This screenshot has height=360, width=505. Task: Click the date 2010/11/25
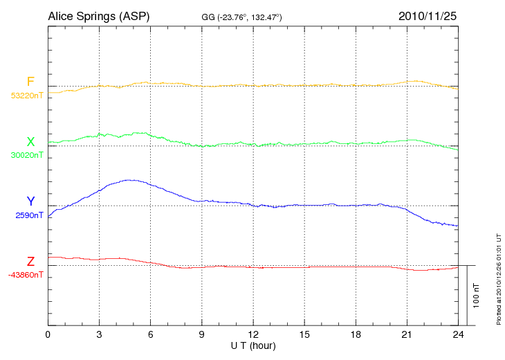(427, 16)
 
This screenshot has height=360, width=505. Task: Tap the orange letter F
(30, 82)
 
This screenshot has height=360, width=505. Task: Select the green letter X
(30, 142)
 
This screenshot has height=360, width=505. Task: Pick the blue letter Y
(30, 201)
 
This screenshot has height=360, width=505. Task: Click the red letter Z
(30, 262)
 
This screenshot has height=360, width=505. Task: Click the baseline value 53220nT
(26, 96)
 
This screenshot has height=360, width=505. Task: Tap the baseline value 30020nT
(26, 155)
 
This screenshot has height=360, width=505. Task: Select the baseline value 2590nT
(29, 215)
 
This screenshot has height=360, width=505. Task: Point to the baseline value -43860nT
(26, 275)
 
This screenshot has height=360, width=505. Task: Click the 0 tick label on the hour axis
(48, 334)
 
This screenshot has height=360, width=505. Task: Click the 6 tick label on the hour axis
(151, 334)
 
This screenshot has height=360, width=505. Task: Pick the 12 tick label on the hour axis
(253, 334)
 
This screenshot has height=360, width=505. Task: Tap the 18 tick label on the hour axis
(356, 334)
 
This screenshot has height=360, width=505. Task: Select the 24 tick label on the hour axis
(458, 334)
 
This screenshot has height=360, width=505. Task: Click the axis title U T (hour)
(253, 345)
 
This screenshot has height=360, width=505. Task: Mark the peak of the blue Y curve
(129, 180)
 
